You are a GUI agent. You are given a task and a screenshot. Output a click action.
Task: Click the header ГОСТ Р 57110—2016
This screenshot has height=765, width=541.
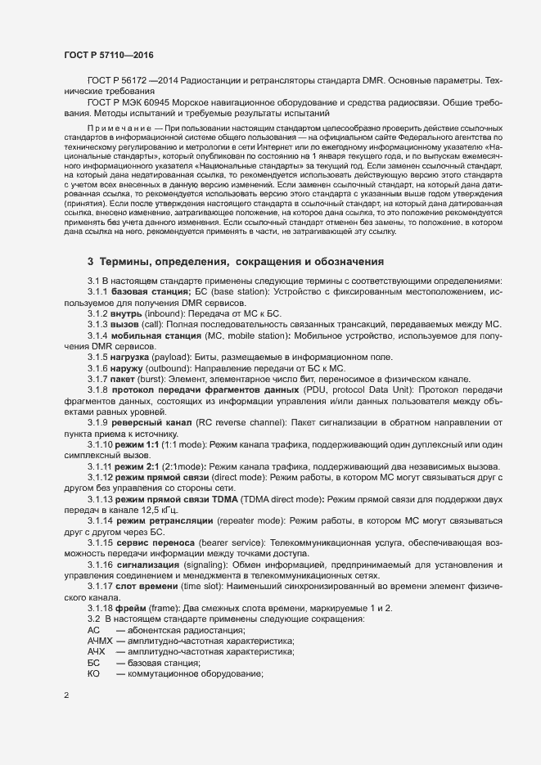(x=108, y=55)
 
